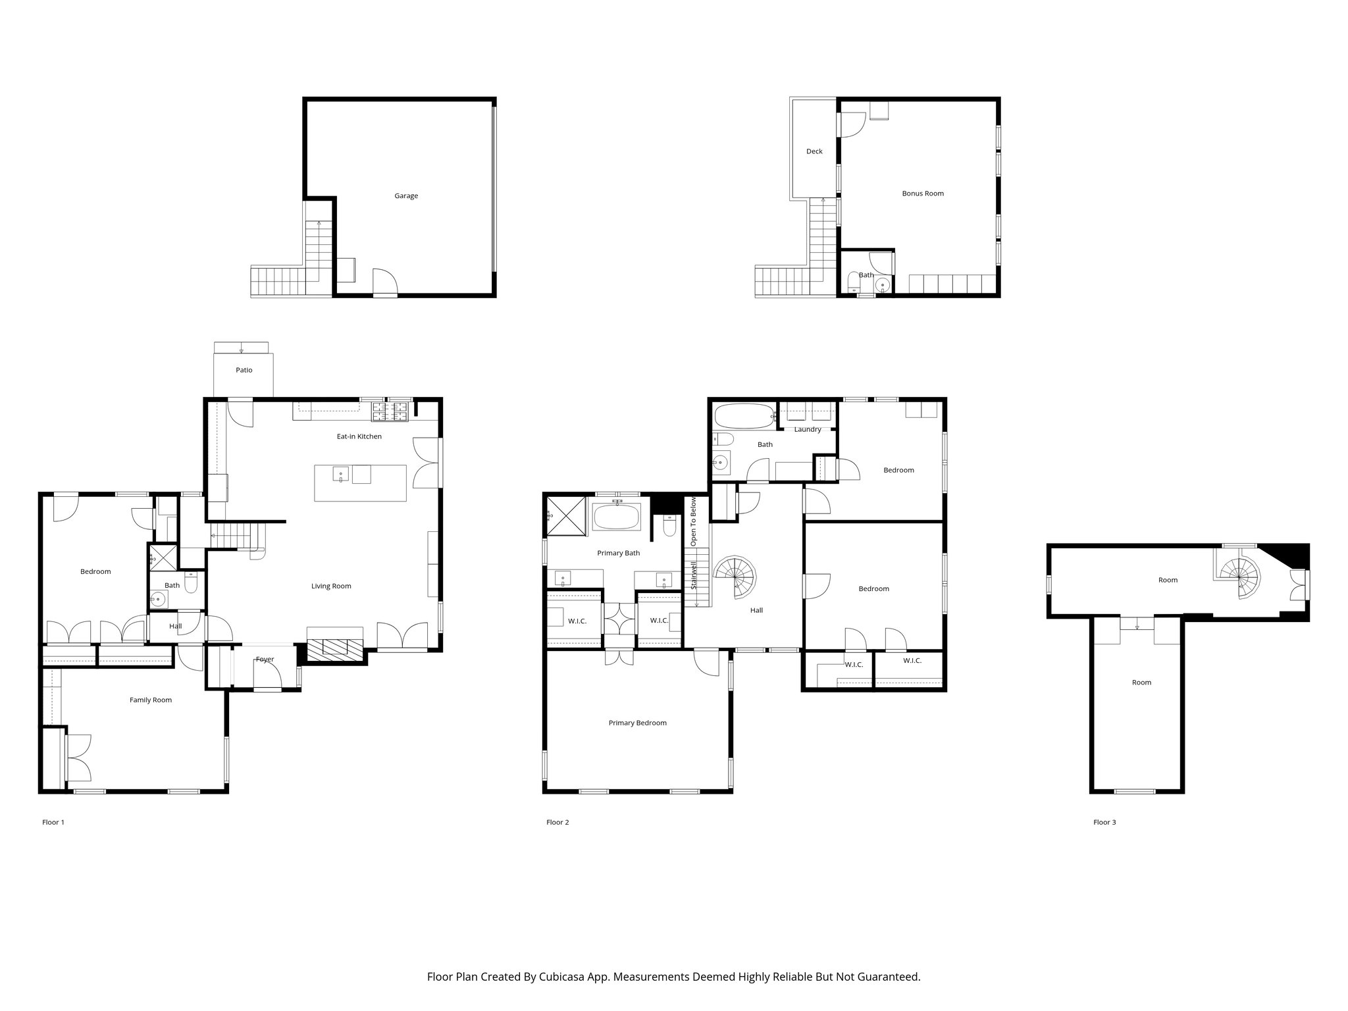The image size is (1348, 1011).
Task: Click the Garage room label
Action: [x=406, y=195]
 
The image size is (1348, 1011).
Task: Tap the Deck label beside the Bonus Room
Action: [x=814, y=151]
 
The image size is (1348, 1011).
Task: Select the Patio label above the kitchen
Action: [x=244, y=370]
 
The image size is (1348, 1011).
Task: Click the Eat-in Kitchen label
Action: [x=359, y=436]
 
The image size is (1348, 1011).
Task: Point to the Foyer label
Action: [x=265, y=659]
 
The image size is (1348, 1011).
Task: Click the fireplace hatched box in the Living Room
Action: [x=336, y=648]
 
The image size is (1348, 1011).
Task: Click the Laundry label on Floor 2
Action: [x=808, y=429]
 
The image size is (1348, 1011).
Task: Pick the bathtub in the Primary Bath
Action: [x=617, y=517]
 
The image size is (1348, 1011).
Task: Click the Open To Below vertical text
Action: [x=694, y=522]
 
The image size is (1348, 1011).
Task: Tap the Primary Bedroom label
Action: [x=637, y=723]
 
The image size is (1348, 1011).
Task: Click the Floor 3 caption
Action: [x=1104, y=822]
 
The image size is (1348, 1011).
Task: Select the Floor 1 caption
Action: [x=53, y=822]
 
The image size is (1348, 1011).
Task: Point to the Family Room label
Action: [x=150, y=700]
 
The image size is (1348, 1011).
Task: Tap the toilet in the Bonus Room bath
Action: [x=852, y=282]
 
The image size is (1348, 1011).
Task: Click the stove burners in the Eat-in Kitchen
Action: [x=392, y=413]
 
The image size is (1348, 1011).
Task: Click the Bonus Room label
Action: [x=923, y=194]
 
